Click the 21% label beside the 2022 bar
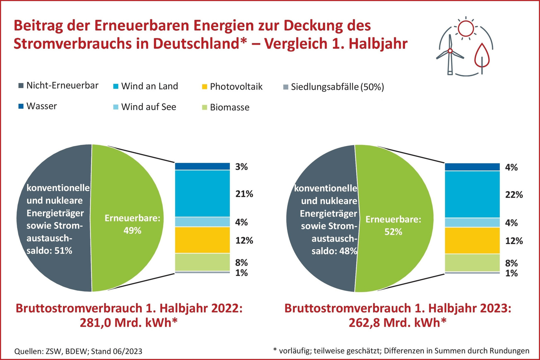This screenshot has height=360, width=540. pos(244,194)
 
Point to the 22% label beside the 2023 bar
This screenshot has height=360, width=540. pos(514,195)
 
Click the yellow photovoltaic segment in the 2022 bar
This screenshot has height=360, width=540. pos(202,240)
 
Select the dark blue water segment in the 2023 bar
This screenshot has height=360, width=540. pos(472,167)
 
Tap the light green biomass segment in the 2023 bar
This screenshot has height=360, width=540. pos(472,262)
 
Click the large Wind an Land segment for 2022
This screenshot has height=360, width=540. pos(202,193)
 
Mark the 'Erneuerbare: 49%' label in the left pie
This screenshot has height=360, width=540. pos(132,224)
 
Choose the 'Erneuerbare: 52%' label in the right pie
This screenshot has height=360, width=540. pos(393,225)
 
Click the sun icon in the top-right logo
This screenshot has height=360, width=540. pos(466,28)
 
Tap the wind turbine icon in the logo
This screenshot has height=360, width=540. pos(450,54)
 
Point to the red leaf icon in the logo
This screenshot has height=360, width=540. pos(482,56)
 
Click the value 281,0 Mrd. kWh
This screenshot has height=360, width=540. pos(129,323)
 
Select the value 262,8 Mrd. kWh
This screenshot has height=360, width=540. pos(398,323)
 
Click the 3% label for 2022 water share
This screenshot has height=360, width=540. pos(241,167)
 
